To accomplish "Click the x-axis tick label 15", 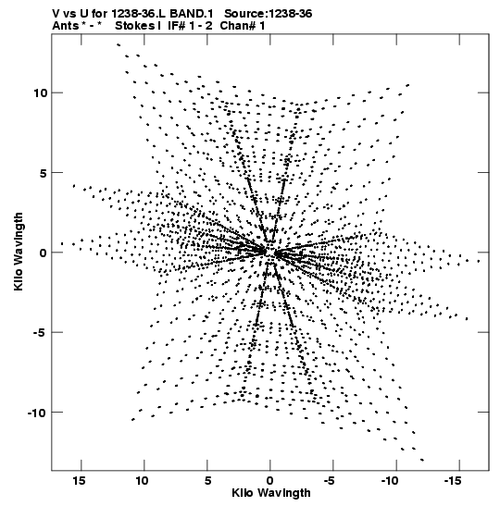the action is (79, 481).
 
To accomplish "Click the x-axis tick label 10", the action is (142, 481).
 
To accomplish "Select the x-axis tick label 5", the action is (207, 481).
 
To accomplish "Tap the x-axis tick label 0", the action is (270, 481).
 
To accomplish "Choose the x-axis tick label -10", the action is (390, 481).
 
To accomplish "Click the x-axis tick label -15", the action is (453, 481).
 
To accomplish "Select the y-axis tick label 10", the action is (41, 93).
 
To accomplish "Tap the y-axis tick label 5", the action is (44, 173).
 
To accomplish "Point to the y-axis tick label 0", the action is (44, 253).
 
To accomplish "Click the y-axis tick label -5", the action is (41, 332).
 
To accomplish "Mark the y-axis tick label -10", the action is (37, 412).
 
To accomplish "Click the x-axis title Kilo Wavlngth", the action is (271, 493).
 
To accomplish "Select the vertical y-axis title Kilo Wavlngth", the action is (19, 252).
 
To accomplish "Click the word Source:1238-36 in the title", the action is (269, 14).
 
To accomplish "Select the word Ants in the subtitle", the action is (65, 26).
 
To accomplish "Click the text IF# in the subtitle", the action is (176, 26).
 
